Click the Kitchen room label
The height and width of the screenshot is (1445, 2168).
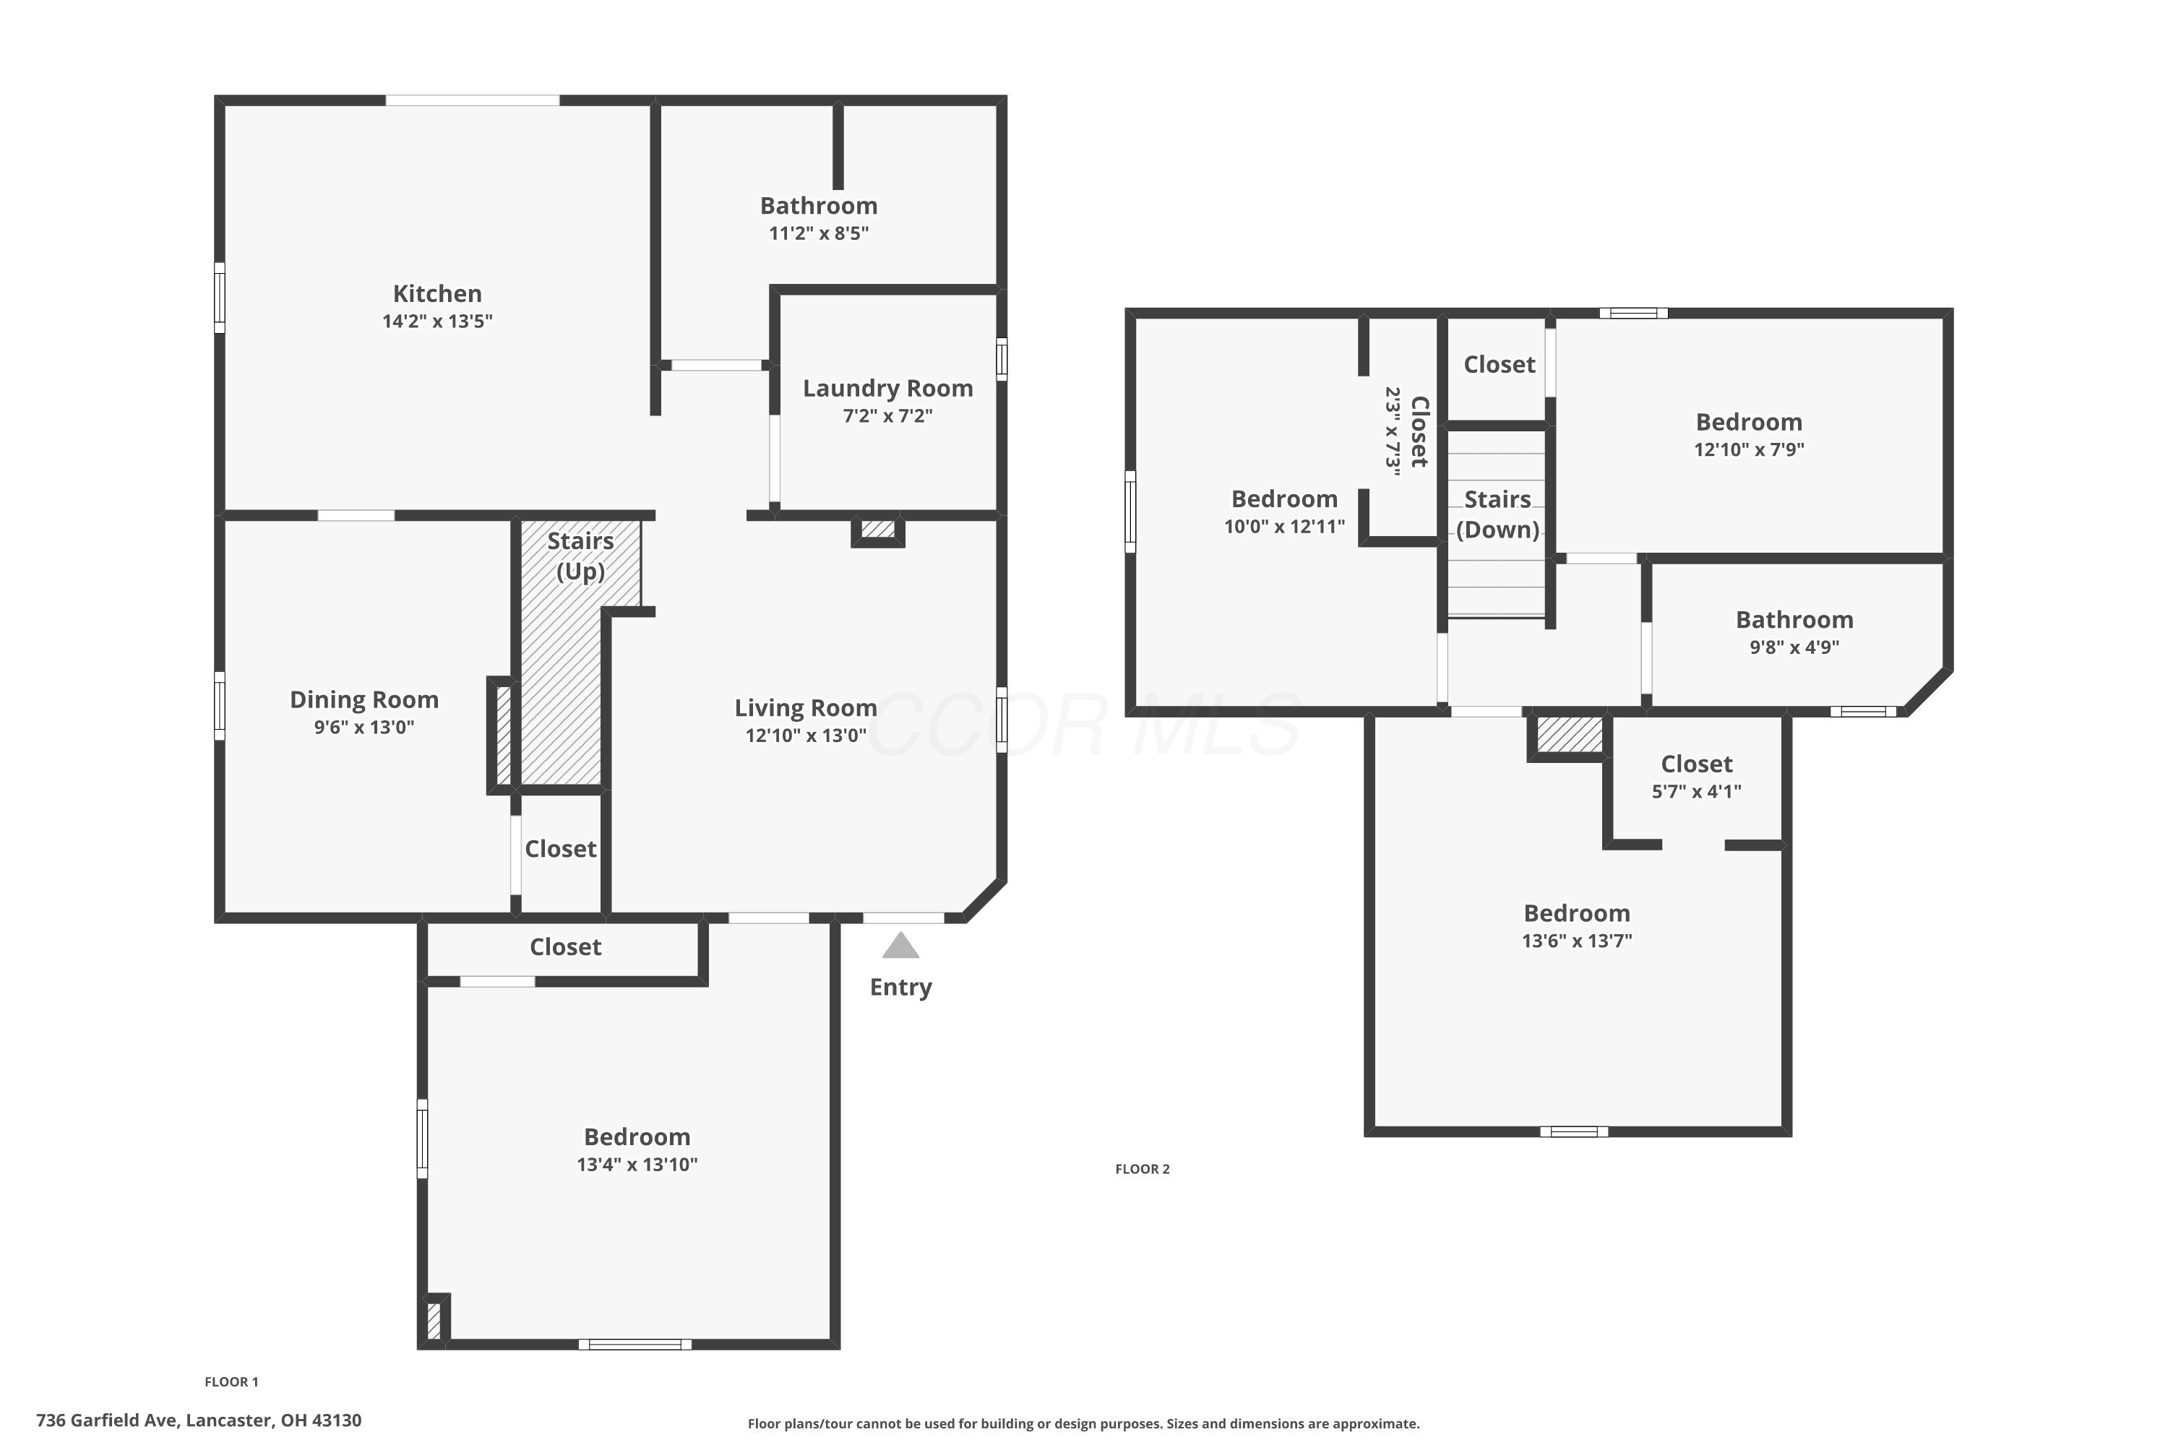[437, 294]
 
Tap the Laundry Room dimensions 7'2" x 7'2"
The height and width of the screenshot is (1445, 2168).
[887, 415]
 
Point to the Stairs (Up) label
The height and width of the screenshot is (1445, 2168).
[581, 556]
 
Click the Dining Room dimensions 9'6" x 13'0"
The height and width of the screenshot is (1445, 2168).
[364, 727]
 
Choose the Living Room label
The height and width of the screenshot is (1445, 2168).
[806, 708]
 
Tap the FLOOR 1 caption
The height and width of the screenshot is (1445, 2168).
[231, 1381]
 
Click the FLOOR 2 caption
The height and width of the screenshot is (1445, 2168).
[1142, 1168]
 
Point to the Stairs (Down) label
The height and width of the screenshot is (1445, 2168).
[1498, 514]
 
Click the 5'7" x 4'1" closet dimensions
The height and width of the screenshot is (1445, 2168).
[1696, 790]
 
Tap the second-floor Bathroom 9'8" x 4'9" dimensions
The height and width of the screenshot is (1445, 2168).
[1794, 647]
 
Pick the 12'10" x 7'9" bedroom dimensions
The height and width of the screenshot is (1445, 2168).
[1749, 449]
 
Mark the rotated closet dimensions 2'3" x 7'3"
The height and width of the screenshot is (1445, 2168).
[1393, 431]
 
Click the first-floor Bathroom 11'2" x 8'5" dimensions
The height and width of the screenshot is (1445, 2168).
[819, 233]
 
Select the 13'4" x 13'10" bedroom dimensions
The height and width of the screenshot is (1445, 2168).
[637, 1164]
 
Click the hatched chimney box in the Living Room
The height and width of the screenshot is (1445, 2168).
[879, 529]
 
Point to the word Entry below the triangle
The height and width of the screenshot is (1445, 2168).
[900, 987]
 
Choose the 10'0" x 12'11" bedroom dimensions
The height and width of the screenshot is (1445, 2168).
[1284, 526]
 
